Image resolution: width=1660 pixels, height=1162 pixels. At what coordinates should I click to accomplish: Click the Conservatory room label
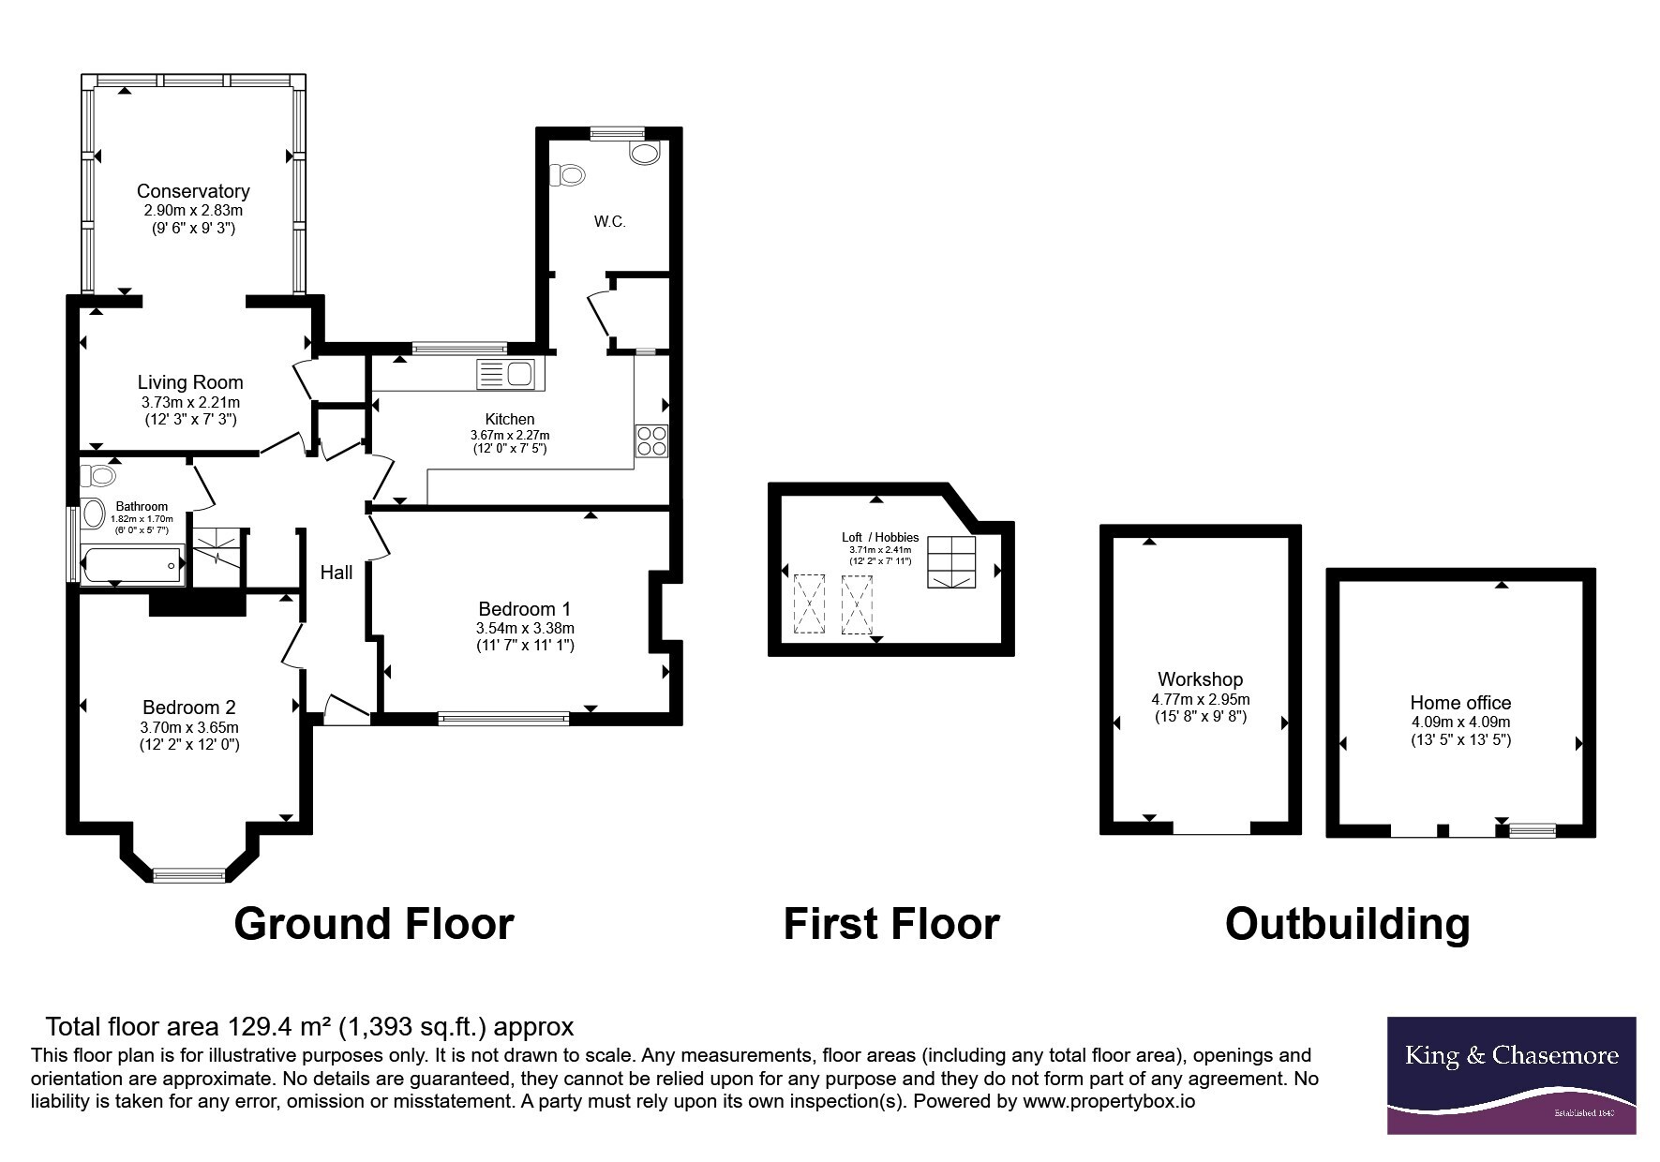tap(193, 191)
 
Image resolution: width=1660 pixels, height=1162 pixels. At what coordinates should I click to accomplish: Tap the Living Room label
tap(190, 382)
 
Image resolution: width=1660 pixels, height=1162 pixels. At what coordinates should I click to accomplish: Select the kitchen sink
tap(505, 374)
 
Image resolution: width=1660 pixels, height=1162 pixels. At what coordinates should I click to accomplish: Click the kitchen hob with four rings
tap(651, 441)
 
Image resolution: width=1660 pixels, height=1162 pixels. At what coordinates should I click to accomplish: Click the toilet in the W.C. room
tap(566, 174)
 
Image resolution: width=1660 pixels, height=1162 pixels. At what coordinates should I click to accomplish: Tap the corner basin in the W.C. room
tap(645, 153)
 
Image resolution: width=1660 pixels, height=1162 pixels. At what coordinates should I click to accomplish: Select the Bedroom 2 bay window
tap(189, 875)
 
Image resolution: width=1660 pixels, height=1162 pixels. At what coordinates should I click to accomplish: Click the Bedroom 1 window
tap(503, 719)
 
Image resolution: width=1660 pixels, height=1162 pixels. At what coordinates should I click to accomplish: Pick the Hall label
tap(336, 572)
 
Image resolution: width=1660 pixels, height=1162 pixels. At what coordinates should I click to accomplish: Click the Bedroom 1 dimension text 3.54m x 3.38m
tap(525, 628)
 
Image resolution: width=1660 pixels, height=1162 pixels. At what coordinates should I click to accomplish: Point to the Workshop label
tap(1200, 679)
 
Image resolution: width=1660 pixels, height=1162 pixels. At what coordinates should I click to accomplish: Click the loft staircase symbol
tap(951, 562)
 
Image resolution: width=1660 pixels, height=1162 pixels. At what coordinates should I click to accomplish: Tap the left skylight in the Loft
tap(806, 604)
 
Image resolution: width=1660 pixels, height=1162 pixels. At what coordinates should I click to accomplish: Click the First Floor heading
tap(891, 923)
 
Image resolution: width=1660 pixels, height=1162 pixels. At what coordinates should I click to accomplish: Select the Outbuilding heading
tap(1347, 923)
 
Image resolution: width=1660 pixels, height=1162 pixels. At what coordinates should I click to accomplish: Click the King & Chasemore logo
tap(1511, 1076)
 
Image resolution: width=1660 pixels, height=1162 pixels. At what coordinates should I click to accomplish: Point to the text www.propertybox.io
tap(1109, 1102)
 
